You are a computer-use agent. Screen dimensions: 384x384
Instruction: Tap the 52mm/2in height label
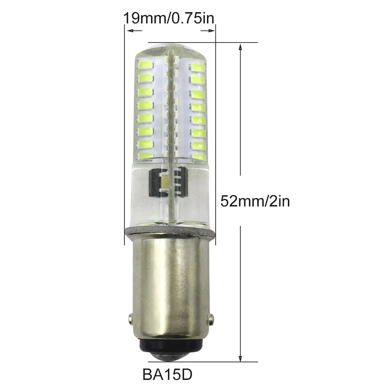click(255, 200)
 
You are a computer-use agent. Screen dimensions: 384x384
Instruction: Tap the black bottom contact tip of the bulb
click(171, 349)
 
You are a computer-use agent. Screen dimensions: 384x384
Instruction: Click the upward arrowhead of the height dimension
click(240, 47)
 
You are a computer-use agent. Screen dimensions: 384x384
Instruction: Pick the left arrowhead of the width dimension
click(129, 31)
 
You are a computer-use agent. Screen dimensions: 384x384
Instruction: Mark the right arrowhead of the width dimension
click(212, 31)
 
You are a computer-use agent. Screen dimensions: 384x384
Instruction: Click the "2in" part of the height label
click(278, 200)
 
